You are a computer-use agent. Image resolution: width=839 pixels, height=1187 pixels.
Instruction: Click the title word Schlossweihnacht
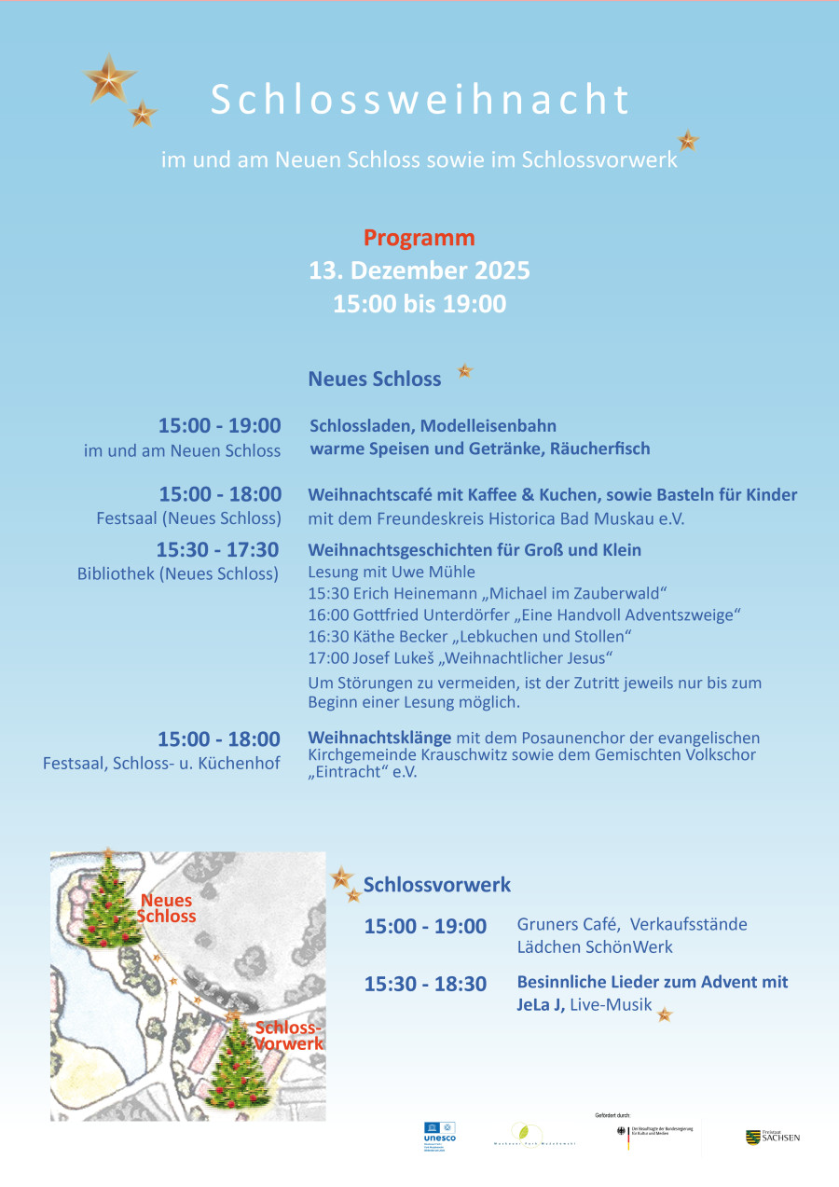[419, 101]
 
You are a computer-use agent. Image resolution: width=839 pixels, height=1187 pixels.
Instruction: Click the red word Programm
[419, 238]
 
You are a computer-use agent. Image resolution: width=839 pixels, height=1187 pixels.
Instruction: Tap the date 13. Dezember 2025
[419, 270]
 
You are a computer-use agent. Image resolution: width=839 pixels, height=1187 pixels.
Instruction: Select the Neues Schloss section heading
[375, 379]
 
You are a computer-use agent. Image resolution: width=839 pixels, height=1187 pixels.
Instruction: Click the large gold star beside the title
[110, 78]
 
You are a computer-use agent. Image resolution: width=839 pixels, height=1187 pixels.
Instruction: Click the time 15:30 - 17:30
[217, 550]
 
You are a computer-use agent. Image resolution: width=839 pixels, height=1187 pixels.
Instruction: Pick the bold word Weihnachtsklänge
[379, 738]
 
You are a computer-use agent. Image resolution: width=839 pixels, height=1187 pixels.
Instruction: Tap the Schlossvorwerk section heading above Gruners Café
[437, 885]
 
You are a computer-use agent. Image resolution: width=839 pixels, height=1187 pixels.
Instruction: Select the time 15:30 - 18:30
[425, 984]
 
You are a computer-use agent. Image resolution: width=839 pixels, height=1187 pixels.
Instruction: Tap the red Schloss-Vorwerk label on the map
[289, 1035]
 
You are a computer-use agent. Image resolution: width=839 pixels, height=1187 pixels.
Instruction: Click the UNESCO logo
[439, 1136]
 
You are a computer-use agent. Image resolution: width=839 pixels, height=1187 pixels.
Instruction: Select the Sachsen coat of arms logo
[753, 1137]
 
